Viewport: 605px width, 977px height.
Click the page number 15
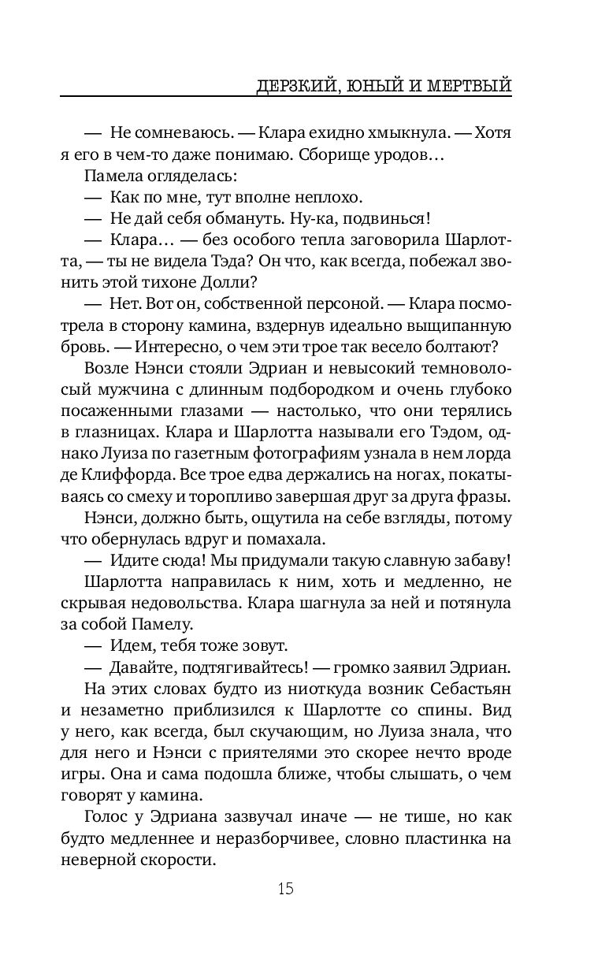pos(285,890)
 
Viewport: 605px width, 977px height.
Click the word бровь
pos(81,347)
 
